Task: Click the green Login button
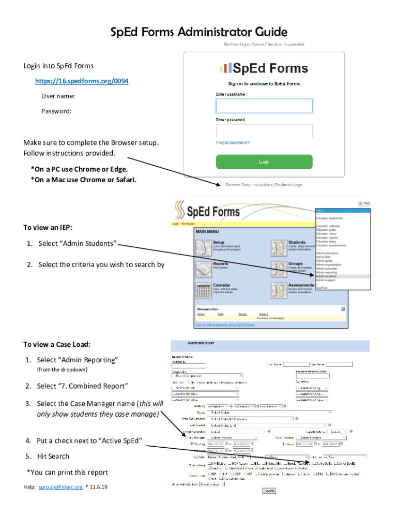point(264,161)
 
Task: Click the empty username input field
point(264,106)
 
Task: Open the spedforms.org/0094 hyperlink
point(82,81)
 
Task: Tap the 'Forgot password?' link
point(233,142)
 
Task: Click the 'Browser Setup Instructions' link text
point(249,185)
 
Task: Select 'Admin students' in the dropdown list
point(326,276)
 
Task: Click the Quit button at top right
point(364,203)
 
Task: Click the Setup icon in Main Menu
point(204,247)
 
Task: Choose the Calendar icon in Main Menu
point(204,291)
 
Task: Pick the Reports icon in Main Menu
point(204,269)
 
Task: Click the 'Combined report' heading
point(201,343)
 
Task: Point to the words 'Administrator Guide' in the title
point(232,33)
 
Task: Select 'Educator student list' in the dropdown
point(330,218)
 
